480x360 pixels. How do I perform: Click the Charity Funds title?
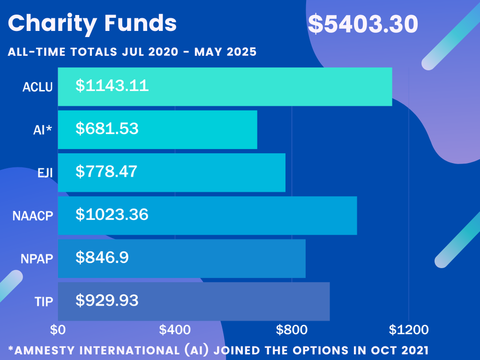coord(92,23)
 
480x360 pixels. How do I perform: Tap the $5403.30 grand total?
coord(363,24)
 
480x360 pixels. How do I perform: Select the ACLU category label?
coord(38,87)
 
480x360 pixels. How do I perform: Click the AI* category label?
coord(43,130)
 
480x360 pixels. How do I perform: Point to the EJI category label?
coord(45,173)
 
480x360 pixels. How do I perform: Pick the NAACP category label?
coord(33,216)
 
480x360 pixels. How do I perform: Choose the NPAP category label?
coord(37,259)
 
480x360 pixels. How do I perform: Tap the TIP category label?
coord(45,301)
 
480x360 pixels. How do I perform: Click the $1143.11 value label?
coord(112,86)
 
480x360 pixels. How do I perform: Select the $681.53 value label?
coord(107,129)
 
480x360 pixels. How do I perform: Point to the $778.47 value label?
coord(106,172)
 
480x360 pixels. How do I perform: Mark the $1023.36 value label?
coord(112,215)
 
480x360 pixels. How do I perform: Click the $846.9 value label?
coord(102,257)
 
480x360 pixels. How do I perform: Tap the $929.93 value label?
coord(107,300)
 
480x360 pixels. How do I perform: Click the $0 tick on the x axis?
coord(58,330)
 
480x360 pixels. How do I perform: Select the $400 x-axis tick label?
coord(175,330)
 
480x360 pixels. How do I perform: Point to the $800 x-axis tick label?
coord(292,330)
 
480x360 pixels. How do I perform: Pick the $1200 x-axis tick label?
coord(409,330)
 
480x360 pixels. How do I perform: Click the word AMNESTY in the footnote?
coord(44,350)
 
